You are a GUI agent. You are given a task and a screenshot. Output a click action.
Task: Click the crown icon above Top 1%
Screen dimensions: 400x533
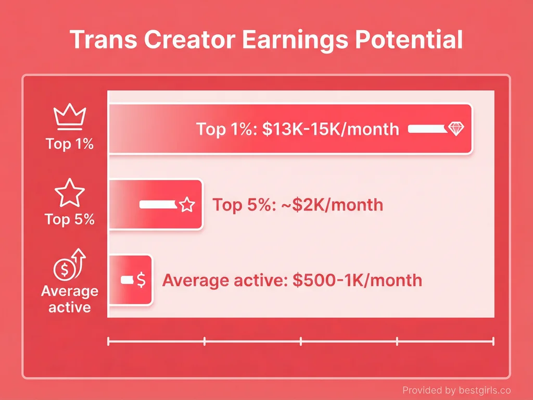pyautogui.click(x=69, y=117)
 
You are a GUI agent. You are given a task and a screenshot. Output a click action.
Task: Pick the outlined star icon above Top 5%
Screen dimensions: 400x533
pyautogui.click(x=69, y=193)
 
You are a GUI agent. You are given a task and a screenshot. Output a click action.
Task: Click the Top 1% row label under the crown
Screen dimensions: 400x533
pyautogui.click(x=69, y=144)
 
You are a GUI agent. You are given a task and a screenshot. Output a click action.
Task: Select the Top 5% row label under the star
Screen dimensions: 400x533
pyautogui.click(x=69, y=219)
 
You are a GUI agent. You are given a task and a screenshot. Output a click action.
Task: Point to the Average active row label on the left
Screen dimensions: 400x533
pyautogui.click(x=69, y=299)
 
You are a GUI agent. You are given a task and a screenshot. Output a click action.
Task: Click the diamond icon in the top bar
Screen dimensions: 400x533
pyautogui.click(x=455, y=129)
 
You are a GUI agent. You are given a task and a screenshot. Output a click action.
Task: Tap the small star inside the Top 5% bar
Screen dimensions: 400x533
pyautogui.click(x=186, y=205)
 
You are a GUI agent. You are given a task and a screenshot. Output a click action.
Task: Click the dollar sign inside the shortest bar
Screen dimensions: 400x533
pyautogui.click(x=141, y=281)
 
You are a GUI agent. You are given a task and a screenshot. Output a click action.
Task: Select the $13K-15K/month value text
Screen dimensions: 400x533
pyautogui.click(x=331, y=129)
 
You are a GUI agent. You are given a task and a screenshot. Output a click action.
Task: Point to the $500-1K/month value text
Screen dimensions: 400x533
pyautogui.click(x=357, y=280)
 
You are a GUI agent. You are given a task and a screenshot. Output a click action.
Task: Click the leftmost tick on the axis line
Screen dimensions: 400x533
pyautogui.click(x=108, y=341)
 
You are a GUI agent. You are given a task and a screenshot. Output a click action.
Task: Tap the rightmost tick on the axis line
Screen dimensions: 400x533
pyautogui.click(x=493, y=341)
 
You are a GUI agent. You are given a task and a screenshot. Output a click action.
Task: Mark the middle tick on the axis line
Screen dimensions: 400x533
pyautogui.click(x=301, y=341)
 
